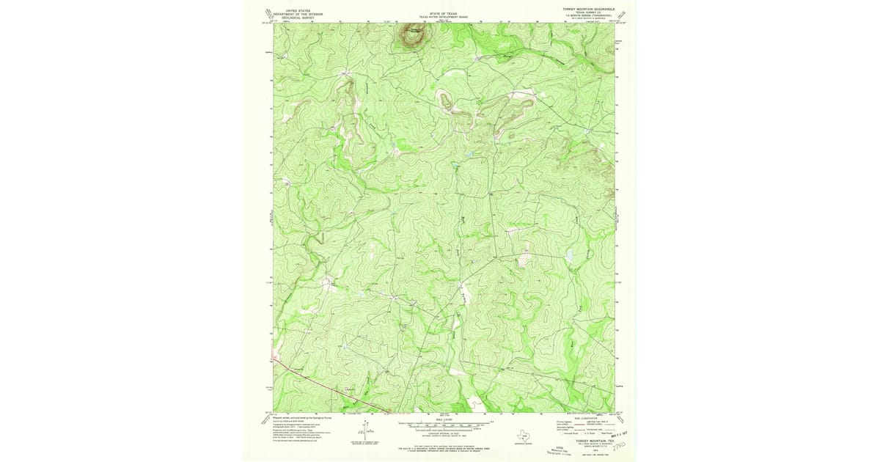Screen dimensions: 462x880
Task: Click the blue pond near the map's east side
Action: click(568, 255)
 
